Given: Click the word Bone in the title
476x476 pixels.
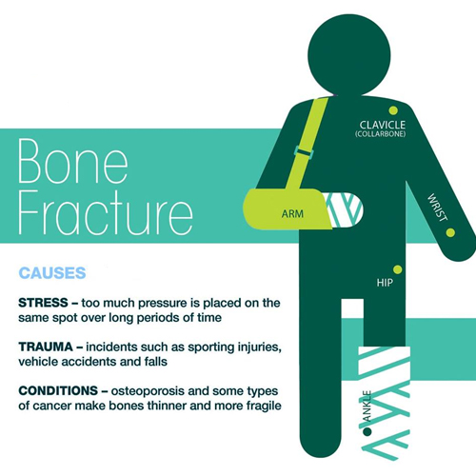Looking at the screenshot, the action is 73,161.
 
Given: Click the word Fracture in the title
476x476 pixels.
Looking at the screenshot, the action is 106,212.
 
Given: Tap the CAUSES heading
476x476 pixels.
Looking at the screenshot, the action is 52,273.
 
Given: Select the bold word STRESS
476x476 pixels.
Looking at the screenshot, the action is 43,303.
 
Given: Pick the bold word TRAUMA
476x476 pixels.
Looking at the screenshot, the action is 46,347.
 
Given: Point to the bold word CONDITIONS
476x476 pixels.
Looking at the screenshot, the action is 58,390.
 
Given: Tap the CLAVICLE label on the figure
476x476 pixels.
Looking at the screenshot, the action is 383,125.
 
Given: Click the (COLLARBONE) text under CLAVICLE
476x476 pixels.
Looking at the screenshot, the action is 380,134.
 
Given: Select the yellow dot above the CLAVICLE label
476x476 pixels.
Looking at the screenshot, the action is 393,110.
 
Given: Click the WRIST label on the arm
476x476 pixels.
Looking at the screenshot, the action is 437,208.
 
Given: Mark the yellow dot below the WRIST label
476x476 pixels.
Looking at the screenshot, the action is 450,232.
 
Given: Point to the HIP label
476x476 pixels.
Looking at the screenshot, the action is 385,283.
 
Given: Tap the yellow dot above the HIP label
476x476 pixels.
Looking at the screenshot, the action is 397,269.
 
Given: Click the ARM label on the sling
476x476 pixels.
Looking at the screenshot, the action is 292,214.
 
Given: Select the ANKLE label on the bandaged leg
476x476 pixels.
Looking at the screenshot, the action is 367,407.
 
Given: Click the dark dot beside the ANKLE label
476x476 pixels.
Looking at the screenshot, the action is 367,431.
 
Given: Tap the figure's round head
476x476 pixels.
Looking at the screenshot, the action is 349,55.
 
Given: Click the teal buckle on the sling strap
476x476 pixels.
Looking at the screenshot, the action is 304,151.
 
